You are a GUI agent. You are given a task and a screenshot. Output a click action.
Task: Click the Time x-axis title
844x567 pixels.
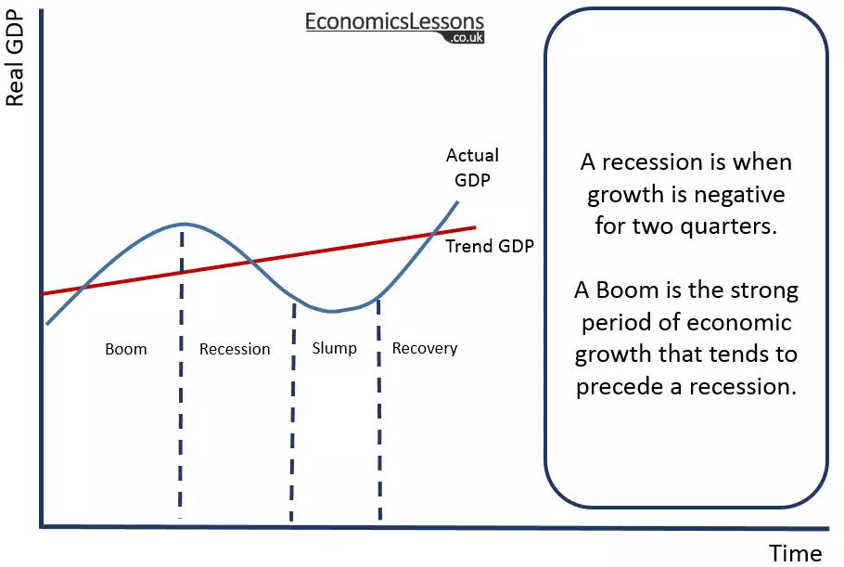pos(795,553)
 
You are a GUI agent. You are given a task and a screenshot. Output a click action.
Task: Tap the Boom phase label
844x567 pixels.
pos(126,350)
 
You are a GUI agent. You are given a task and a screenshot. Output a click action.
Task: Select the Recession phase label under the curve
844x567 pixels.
pos(235,350)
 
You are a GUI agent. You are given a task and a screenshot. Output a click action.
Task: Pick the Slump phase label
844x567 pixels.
pos(334,349)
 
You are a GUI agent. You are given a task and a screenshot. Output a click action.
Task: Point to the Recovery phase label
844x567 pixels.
pos(425,349)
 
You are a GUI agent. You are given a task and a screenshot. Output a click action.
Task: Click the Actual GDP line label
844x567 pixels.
pos(472,167)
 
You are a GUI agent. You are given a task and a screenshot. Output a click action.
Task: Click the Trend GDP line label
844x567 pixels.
pos(490,247)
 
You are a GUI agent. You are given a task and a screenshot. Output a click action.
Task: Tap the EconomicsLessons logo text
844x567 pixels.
pos(395,21)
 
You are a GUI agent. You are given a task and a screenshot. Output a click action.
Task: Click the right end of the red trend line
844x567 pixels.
pos(474,227)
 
